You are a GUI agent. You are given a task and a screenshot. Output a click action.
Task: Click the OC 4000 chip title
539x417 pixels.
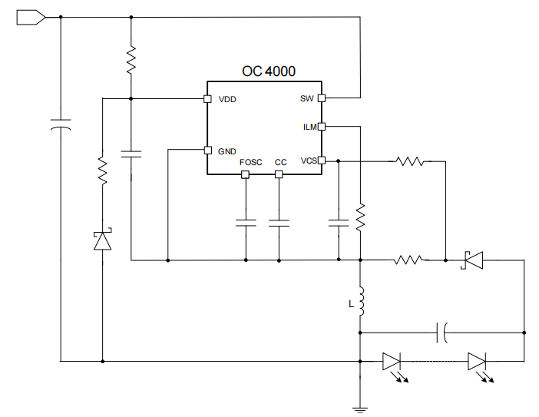269,71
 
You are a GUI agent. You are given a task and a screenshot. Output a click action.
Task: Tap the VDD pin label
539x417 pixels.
227,99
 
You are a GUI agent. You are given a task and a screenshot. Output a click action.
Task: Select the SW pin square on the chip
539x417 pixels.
322,98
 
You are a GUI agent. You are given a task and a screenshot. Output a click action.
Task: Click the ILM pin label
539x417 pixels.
309,127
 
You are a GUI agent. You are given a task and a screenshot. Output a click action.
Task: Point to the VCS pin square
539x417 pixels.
322,161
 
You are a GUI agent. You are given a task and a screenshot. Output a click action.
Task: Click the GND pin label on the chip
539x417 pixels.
227,151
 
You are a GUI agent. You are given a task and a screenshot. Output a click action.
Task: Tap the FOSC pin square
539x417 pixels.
245,174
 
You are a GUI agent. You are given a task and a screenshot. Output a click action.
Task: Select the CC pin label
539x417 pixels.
280,162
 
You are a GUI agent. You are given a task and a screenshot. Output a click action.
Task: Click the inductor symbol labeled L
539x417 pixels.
361,301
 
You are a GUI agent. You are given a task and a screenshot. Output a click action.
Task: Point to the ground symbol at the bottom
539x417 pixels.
360,409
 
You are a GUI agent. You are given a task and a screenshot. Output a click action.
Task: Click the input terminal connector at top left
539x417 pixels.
31,17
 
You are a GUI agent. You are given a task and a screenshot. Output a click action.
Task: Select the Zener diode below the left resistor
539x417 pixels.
102,239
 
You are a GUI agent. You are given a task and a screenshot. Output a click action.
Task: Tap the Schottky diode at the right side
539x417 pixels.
472,260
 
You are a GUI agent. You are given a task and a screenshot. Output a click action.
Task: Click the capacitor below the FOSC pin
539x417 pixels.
246,223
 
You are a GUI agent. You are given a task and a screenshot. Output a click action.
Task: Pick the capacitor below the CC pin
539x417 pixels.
279,223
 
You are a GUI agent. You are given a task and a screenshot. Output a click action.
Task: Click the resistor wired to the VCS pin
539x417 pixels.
409,161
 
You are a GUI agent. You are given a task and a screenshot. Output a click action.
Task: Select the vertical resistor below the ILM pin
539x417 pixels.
360,217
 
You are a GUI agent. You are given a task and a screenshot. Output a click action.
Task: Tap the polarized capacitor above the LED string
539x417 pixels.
442,333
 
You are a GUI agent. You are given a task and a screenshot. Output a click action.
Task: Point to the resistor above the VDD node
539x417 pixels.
131,60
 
